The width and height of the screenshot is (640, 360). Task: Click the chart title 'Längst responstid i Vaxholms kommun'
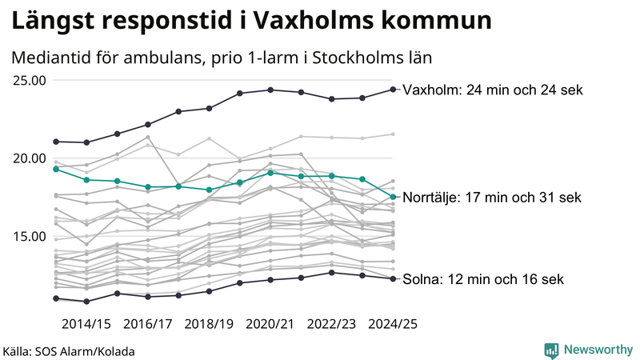(x=251, y=22)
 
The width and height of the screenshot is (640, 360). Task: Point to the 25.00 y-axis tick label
(x=29, y=80)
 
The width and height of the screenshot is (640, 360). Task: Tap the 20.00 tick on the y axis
(x=29, y=158)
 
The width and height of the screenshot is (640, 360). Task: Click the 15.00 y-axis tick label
(x=29, y=236)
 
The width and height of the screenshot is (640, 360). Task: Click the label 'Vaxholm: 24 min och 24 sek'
(x=493, y=90)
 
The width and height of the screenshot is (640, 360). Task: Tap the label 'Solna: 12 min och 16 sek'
(x=483, y=279)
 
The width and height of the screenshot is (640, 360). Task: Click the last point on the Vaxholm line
(x=393, y=89)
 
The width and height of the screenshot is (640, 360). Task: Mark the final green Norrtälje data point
(x=393, y=197)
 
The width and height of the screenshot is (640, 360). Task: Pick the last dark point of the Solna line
(x=393, y=278)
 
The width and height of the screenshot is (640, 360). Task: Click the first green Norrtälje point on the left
(x=56, y=169)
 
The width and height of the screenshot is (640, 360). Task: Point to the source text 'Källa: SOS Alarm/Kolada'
(x=69, y=351)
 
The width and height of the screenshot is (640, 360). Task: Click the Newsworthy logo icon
(x=551, y=350)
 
